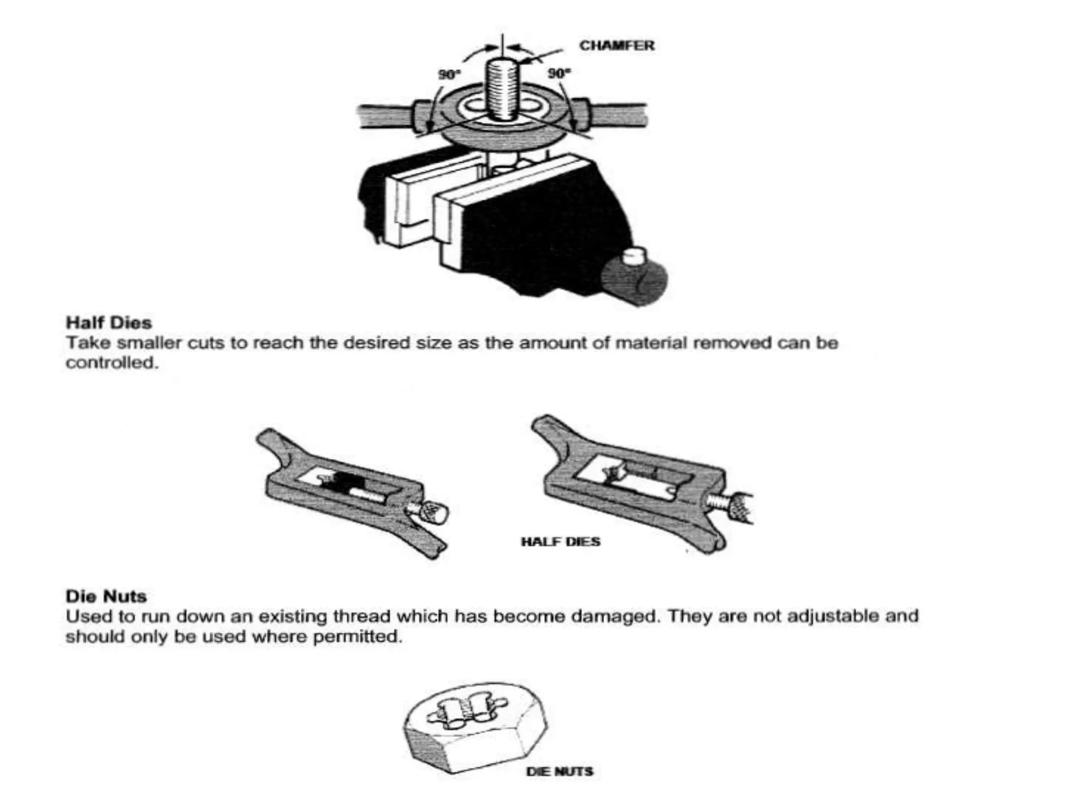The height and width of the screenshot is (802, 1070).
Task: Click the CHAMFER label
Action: [617, 46]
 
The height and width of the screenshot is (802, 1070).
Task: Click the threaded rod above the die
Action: [502, 89]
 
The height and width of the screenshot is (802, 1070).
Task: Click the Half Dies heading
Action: [109, 323]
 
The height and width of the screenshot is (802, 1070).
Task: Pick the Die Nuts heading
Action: [106, 596]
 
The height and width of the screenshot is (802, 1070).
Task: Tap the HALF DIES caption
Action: [561, 541]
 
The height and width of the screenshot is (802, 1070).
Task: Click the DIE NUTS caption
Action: [560, 771]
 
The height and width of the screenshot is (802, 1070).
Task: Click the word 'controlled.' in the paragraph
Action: [112, 363]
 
